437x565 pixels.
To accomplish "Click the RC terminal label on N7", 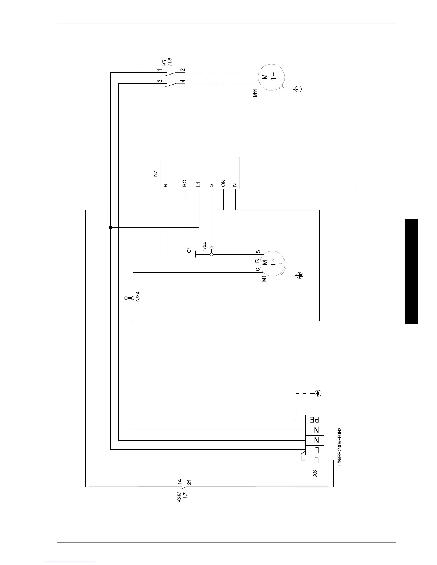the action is (x=184, y=183).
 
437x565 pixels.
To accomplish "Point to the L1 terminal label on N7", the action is (x=198, y=184).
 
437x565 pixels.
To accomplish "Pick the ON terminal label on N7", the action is (x=223, y=183).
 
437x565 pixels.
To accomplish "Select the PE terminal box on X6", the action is (x=315, y=419).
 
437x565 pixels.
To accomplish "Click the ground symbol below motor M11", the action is (x=299, y=89).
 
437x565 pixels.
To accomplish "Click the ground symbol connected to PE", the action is (x=318, y=393).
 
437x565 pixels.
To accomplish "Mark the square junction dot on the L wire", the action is (x=111, y=227).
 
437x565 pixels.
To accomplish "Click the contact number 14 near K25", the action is (x=180, y=482).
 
